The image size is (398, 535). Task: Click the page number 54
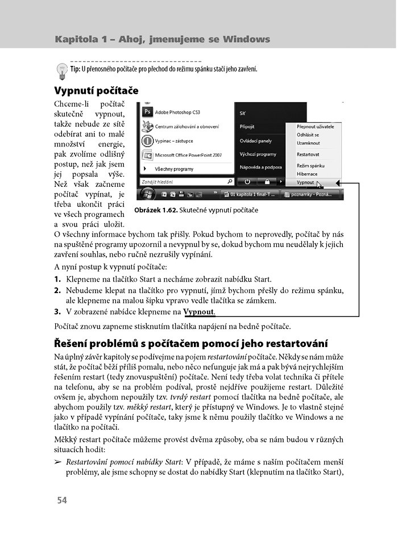point(61,500)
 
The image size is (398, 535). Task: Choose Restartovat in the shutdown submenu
point(308,154)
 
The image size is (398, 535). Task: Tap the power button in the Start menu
point(248,182)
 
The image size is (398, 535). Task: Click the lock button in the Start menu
point(266,182)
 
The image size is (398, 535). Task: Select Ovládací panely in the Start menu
point(256,140)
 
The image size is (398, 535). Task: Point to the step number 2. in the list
point(57,290)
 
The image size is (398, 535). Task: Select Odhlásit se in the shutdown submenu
point(308,135)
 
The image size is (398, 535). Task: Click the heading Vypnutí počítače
point(96,91)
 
